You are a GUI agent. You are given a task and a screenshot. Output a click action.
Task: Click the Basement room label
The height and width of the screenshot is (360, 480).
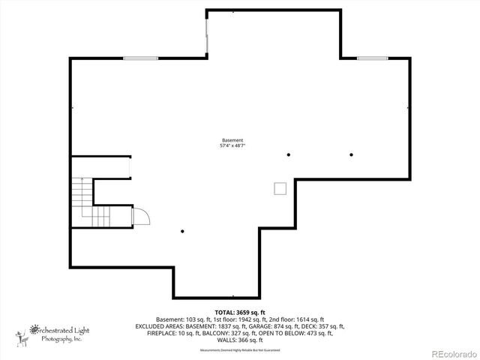tap(232, 140)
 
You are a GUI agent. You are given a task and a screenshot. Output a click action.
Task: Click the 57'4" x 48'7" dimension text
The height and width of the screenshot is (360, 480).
tap(232, 145)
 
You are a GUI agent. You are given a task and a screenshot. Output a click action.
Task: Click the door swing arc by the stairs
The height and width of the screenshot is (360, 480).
tap(141, 216)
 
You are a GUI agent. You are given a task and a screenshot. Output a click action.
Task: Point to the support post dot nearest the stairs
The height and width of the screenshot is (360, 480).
tap(182, 231)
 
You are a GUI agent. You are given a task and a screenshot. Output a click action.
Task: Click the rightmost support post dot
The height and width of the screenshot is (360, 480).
tap(351, 154)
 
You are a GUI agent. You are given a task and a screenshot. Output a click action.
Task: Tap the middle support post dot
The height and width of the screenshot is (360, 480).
tap(288, 154)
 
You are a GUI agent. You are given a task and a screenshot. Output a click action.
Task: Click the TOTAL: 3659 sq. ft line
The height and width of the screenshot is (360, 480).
tap(240, 311)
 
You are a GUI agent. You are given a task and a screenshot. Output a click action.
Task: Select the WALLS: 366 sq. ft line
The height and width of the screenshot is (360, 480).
tap(240, 340)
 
